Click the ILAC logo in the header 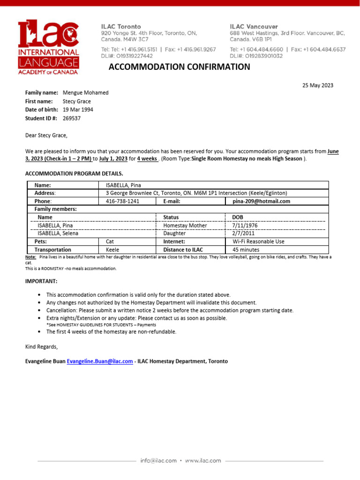click(48, 47)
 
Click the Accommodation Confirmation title click(180, 67)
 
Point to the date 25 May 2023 click(318, 85)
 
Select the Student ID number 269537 click(72, 118)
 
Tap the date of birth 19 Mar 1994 click(78, 110)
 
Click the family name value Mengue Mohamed click(85, 93)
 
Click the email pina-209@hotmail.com click(261, 201)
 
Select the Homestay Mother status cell click(185, 225)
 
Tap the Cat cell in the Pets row click(110, 241)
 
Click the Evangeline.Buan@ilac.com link click(100, 361)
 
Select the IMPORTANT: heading click(41, 281)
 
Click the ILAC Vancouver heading click(254, 27)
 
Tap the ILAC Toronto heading click(121, 27)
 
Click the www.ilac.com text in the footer click(202, 461)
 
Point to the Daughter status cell click(174, 233)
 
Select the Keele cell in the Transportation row click(112, 250)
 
